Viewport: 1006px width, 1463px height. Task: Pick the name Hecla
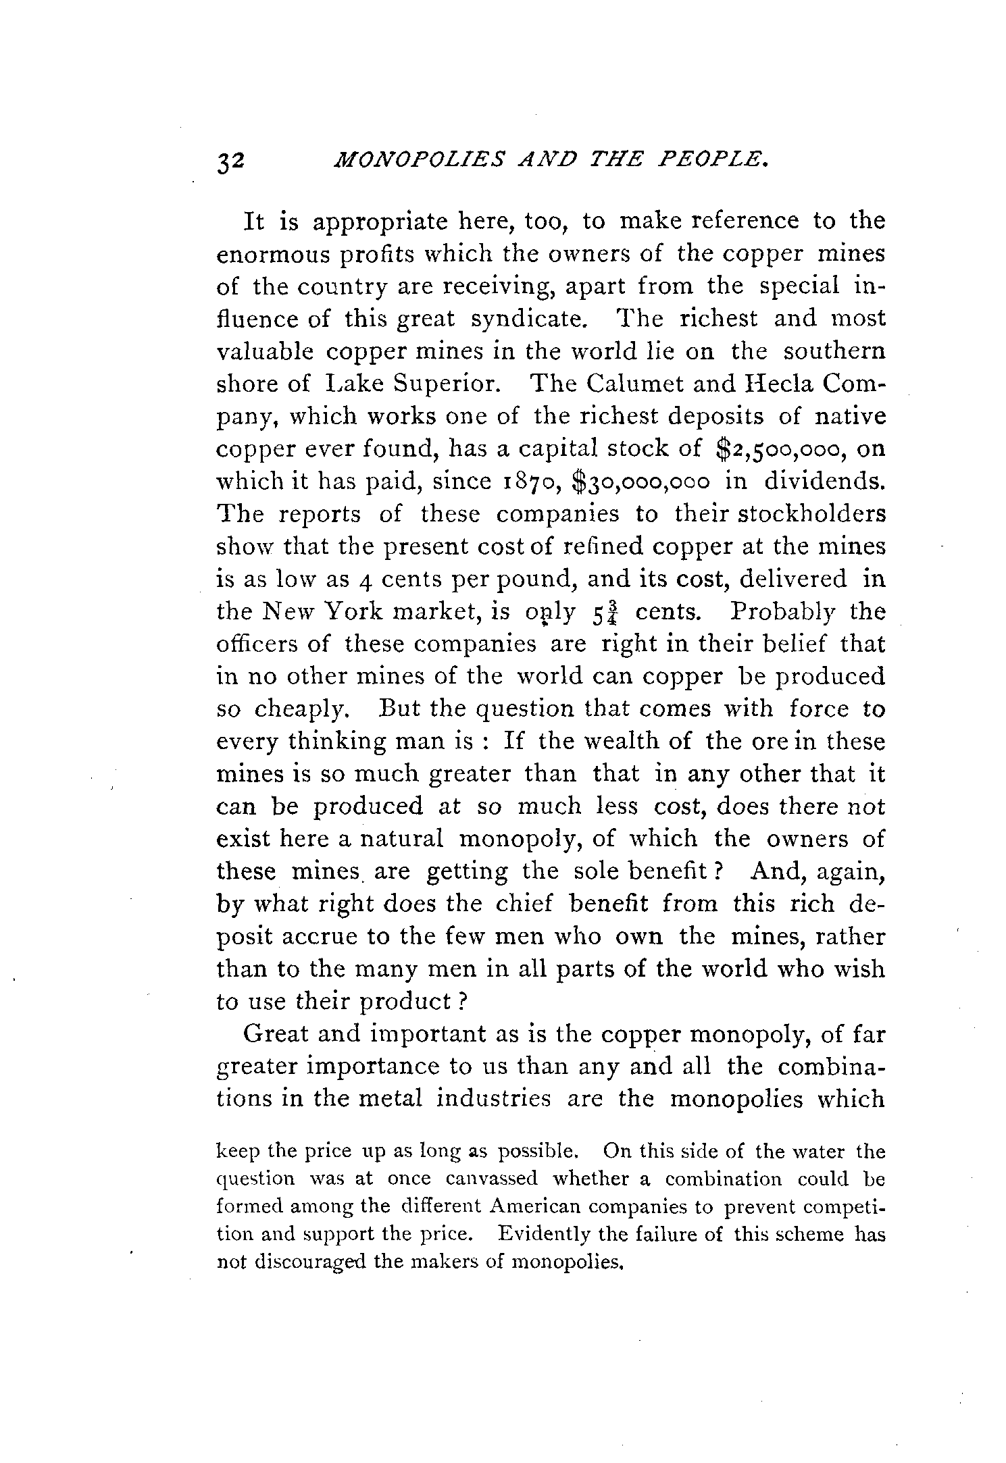tap(779, 384)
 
